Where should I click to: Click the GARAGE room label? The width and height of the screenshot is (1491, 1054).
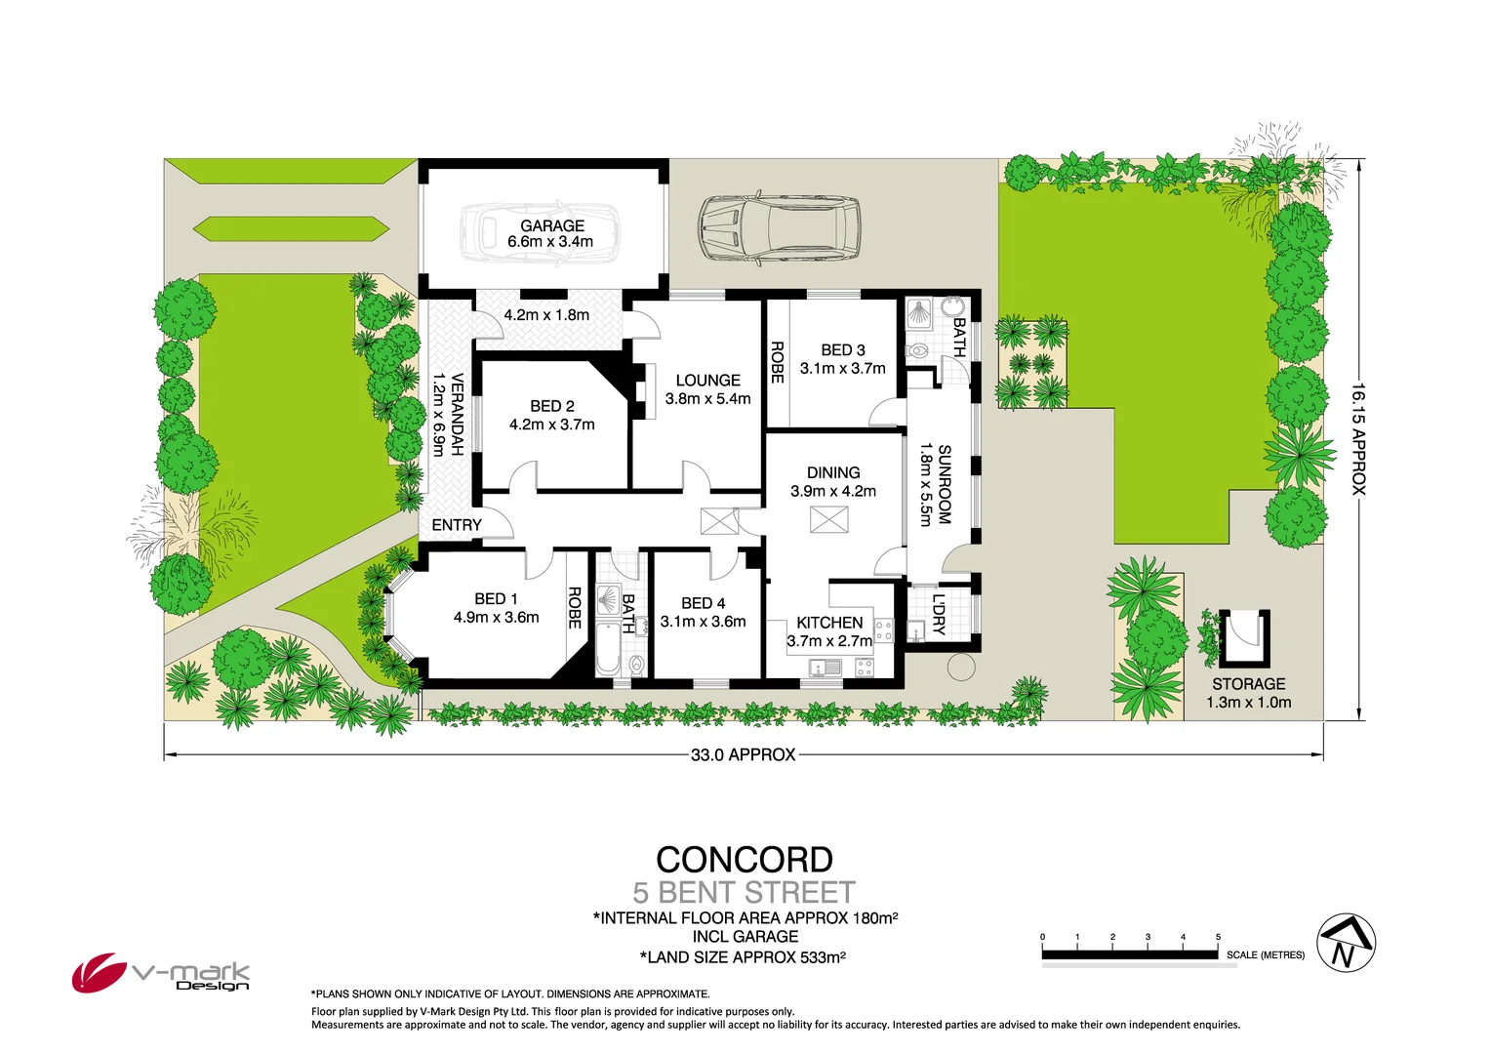551,225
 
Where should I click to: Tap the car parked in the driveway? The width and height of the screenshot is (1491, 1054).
780,228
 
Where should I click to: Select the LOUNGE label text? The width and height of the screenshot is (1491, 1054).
707,381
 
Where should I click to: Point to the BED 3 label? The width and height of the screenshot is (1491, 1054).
842,349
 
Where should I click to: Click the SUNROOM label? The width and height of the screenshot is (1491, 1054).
944,485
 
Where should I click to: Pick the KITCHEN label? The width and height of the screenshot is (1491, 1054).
829,623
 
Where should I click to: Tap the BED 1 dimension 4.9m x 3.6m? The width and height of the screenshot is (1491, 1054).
496,617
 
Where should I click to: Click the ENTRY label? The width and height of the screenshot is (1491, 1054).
457,525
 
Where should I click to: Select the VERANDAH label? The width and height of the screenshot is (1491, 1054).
457,415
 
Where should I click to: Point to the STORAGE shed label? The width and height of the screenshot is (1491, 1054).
1248,684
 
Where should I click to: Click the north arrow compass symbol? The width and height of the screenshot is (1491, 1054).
1346,943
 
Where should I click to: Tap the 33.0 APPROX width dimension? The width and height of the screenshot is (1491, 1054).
743,754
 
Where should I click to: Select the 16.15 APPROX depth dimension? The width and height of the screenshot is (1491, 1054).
1358,439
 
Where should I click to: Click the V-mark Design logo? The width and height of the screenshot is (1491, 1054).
160,973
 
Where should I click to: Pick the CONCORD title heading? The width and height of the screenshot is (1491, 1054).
745,860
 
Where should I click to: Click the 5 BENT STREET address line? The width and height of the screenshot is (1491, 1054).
744,893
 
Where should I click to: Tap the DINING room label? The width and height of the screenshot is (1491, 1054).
833,472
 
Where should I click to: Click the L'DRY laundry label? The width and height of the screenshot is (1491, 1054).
939,614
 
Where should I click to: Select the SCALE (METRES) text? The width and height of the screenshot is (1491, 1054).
1265,954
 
